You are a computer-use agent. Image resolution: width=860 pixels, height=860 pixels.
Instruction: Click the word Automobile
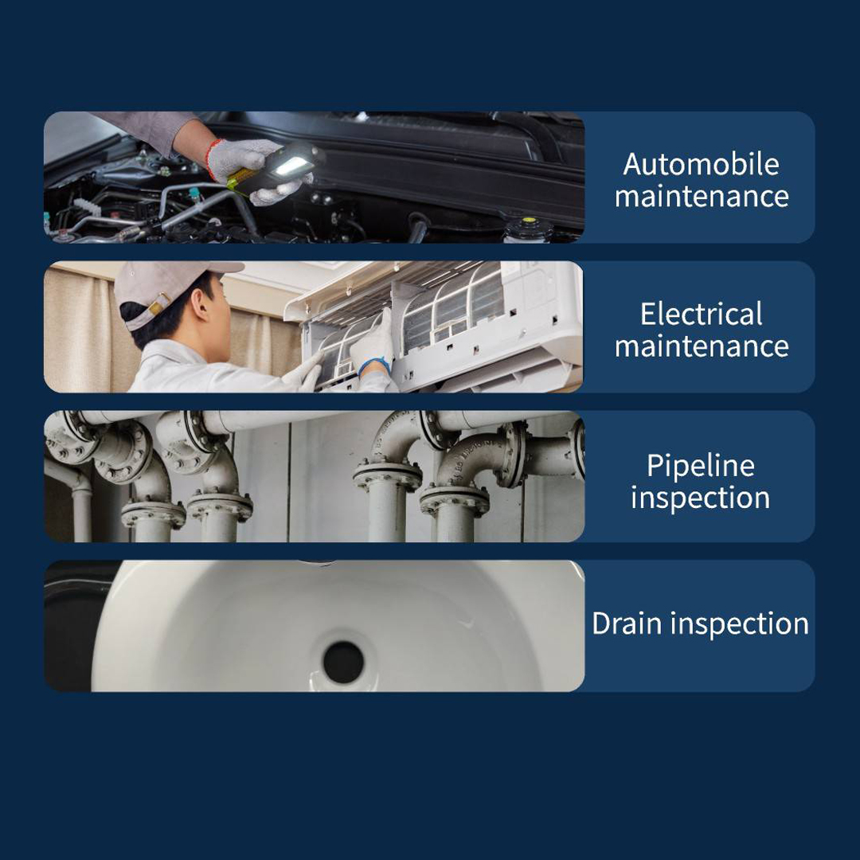tap(701, 164)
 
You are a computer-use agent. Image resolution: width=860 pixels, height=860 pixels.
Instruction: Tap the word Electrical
tap(701, 314)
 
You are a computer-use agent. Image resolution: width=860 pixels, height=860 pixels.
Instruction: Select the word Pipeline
tap(701, 467)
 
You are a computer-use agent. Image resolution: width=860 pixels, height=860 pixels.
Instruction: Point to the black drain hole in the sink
tap(343, 663)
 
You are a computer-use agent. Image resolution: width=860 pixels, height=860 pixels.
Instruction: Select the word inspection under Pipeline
tap(701, 498)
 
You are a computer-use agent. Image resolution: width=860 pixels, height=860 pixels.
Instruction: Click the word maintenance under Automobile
tap(702, 197)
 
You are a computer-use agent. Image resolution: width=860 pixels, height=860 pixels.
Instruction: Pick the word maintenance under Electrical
tap(702, 346)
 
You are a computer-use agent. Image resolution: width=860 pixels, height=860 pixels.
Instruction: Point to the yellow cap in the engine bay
tap(529, 221)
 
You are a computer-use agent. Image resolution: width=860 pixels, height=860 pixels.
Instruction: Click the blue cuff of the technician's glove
tap(375, 364)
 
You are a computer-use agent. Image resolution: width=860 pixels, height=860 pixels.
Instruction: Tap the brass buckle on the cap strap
tap(158, 304)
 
